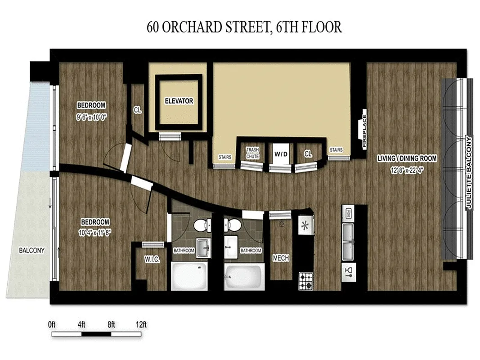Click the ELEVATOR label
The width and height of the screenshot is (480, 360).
(178, 101)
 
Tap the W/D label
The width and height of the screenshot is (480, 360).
(280, 153)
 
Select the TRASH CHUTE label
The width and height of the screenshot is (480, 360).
(252, 153)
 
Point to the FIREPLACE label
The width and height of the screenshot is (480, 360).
(364, 133)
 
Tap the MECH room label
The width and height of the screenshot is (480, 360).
(281, 258)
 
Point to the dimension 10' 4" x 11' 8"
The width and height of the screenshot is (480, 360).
(95, 231)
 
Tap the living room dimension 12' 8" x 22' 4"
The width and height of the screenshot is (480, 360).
(407, 171)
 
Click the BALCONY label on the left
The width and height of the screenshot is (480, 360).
(31, 251)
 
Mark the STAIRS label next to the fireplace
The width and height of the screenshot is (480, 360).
(336, 149)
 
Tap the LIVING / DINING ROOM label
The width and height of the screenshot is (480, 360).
(407, 158)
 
